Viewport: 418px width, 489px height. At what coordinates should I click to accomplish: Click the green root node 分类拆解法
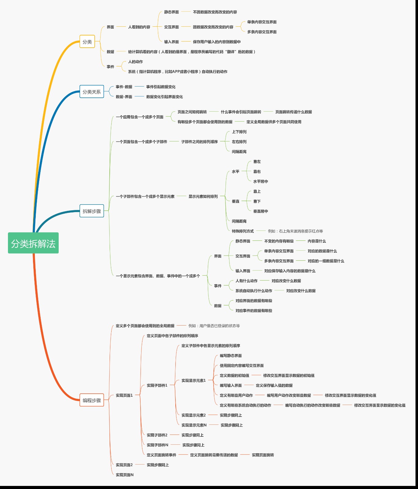[33, 243]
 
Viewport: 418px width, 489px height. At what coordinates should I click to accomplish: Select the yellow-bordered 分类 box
[87, 42]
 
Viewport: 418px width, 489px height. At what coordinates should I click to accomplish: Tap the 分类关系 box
[92, 91]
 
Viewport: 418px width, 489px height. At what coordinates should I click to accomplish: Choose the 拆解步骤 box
[92, 211]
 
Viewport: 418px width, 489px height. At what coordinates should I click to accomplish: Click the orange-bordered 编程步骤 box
[92, 400]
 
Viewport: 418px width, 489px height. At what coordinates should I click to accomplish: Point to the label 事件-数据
[124, 87]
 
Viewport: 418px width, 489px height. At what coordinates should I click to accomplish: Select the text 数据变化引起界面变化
[164, 97]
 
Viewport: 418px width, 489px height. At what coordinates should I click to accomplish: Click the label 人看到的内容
[139, 27]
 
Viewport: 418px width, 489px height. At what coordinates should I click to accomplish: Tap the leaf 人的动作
[135, 61]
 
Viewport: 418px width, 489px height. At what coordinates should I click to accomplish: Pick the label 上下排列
[239, 132]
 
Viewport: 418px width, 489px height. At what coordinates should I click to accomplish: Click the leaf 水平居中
[261, 181]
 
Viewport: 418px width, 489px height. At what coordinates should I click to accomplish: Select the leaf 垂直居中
[261, 211]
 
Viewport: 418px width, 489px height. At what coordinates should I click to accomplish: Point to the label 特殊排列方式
[243, 231]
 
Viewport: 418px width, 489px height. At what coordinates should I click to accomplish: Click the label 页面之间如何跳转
[192, 112]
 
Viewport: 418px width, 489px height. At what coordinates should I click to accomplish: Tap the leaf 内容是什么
[317, 241]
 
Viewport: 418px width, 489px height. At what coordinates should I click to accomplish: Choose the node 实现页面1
[124, 395]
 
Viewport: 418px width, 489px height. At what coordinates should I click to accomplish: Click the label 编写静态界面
[231, 355]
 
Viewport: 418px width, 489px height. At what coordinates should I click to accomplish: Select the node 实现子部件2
[157, 435]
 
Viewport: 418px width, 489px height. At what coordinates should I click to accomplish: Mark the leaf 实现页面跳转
[263, 455]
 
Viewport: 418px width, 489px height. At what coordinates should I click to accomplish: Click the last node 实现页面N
[125, 475]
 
